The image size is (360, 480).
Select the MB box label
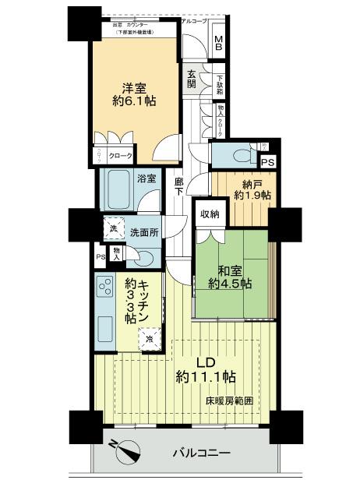pos(219,44)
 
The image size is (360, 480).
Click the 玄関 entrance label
pos(191,79)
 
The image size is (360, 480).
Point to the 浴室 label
pos(147,178)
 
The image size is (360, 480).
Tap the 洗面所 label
pos(144,231)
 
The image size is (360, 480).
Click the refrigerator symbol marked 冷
pos(148,339)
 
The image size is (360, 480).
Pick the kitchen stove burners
pos(104,291)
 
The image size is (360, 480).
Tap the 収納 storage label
pos(210,214)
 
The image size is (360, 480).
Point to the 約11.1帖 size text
pos(204,376)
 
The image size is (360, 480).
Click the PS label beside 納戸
pos(267,163)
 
